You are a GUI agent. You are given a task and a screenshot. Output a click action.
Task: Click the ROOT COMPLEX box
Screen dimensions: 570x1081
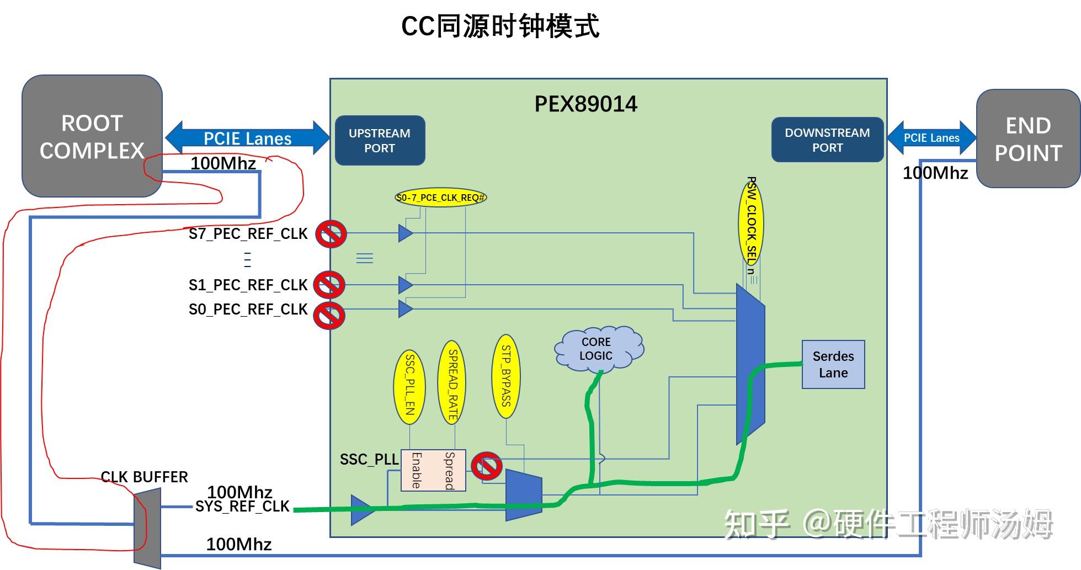click(x=92, y=136)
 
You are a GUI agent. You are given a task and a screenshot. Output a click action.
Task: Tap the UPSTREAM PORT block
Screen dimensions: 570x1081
click(x=380, y=141)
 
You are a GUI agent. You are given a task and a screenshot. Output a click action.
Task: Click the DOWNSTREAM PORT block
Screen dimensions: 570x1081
click(x=827, y=140)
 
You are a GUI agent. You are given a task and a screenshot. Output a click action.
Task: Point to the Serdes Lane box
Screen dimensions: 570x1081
click(x=833, y=365)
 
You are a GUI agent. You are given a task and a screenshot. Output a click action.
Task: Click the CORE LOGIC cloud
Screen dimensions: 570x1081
click(x=597, y=349)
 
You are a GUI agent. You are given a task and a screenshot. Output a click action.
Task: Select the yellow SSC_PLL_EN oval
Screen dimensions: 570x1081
click(x=409, y=386)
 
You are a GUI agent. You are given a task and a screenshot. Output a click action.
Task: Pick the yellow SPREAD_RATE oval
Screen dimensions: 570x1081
click(x=451, y=382)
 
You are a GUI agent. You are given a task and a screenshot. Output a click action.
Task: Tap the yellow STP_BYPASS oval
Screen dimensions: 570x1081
click(x=505, y=376)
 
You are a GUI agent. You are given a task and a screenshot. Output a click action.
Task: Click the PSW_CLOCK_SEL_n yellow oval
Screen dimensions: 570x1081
click(x=750, y=223)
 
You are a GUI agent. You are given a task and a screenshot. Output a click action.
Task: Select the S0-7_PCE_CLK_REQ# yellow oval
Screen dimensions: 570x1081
click(x=440, y=198)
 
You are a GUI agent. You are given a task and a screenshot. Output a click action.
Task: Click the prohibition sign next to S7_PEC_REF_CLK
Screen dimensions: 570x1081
click(x=331, y=234)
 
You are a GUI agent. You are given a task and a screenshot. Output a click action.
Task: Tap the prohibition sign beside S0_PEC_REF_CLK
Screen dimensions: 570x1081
click(x=329, y=315)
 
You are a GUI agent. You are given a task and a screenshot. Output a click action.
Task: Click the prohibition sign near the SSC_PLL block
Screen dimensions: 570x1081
click(x=487, y=466)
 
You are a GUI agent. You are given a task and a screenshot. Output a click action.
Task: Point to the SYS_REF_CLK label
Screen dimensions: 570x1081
click(x=242, y=507)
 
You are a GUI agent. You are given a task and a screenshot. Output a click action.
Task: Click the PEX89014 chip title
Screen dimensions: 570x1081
click(x=585, y=104)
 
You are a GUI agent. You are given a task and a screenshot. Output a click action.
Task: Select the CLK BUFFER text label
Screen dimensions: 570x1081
click(x=144, y=477)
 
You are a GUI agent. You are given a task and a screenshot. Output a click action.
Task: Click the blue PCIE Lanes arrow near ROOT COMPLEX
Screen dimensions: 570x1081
click(x=247, y=138)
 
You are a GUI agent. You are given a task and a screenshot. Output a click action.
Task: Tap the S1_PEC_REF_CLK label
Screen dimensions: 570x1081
click(x=248, y=285)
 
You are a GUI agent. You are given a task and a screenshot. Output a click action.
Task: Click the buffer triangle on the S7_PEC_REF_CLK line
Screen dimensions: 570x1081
click(x=405, y=233)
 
